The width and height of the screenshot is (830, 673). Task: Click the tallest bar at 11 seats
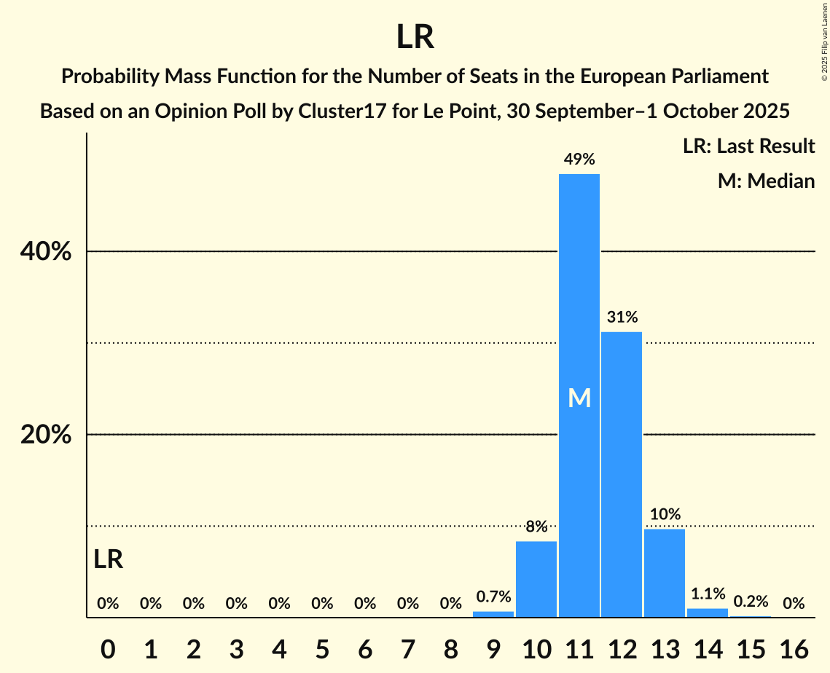pyautogui.click(x=579, y=291)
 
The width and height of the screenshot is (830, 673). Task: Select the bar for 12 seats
pyautogui.click(x=622, y=473)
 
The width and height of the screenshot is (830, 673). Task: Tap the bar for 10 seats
pyautogui.click(x=536, y=579)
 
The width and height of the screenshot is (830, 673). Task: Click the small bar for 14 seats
pyautogui.click(x=708, y=613)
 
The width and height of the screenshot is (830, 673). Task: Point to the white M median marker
pyautogui.click(x=579, y=398)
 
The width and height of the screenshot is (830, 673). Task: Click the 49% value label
pyautogui.click(x=579, y=159)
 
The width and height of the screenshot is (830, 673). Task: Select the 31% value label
pyautogui.click(x=622, y=317)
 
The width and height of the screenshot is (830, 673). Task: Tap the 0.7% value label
pyautogui.click(x=493, y=597)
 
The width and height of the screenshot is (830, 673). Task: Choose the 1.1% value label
pyautogui.click(x=708, y=594)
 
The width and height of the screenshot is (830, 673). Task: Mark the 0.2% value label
pyautogui.click(x=751, y=602)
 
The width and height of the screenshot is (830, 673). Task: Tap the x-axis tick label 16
pyautogui.click(x=794, y=645)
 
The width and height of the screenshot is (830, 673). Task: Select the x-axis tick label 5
pyautogui.click(x=322, y=645)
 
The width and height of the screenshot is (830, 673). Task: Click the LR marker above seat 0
pyautogui.click(x=108, y=559)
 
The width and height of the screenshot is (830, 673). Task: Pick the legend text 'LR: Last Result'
pyautogui.click(x=748, y=146)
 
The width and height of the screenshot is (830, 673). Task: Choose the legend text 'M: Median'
pyautogui.click(x=766, y=181)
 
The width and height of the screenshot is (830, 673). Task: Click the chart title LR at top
pyautogui.click(x=415, y=37)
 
